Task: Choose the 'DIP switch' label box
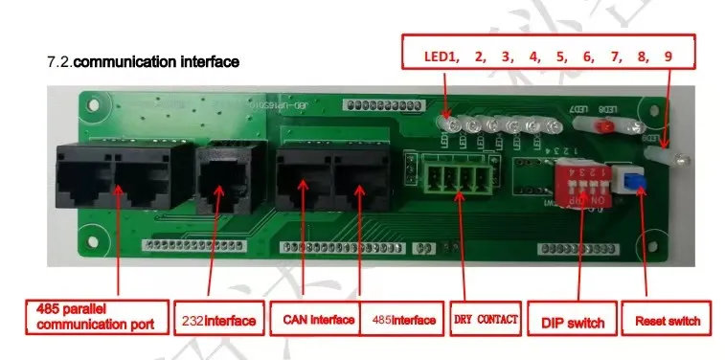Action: (572, 321)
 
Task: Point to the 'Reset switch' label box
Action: (667, 321)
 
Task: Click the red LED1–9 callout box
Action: (548, 56)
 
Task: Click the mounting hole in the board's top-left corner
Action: (91, 101)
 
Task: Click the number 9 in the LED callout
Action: (668, 56)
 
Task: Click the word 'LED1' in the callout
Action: (440, 56)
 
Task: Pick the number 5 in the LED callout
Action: (560, 56)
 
